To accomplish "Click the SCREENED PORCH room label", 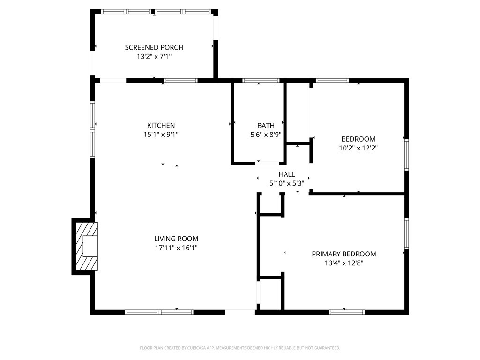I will tap(154, 47).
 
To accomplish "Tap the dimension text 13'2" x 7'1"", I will tap(154, 56).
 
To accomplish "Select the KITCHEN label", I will tap(161, 125).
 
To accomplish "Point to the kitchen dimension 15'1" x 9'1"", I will tap(161, 134).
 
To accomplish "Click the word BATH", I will tap(266, 125).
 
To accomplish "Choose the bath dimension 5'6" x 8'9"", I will tap(266, 134).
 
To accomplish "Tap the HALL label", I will tap(286, 174).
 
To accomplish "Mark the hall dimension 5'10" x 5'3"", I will tap(286, 183).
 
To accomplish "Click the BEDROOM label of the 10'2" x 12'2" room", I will tap(358, 139).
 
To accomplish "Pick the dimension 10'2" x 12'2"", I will tap(358, 148).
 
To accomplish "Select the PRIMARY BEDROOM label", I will tap(344, 254).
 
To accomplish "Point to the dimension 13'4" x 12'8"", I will tap(344, 263).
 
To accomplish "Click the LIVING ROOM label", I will tap(176, 239).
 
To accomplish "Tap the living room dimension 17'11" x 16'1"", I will tap(176, 247).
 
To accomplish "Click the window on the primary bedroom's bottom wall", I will tap(347, 312).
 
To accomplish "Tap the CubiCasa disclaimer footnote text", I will tap(240, 348).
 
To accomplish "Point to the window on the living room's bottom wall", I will tap(159, 312).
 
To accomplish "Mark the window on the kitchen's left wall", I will tap(93, 129).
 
